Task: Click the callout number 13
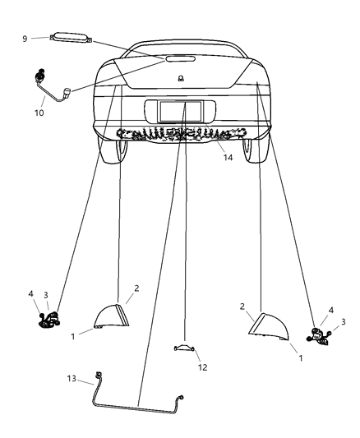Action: tap(72, 379)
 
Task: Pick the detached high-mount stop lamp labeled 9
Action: tap(70, 37)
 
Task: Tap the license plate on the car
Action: tap(175, 111)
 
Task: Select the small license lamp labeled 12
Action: tap(184, 348)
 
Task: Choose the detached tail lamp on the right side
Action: tap(267, 326)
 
